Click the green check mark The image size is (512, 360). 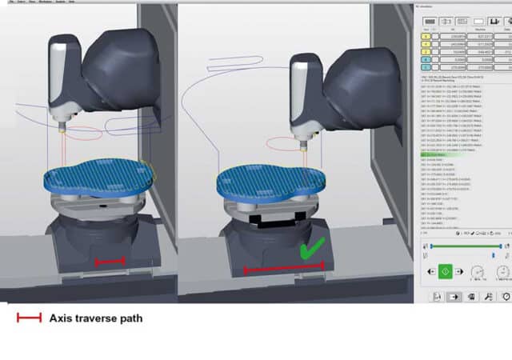[310, 251]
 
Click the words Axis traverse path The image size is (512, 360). [96, 318]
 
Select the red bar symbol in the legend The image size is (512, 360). [29, 318]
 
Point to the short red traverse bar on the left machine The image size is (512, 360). [110, 261]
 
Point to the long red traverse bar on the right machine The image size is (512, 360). [283, 270]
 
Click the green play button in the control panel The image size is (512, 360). [445, 272]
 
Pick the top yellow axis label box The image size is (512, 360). [426, 35]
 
